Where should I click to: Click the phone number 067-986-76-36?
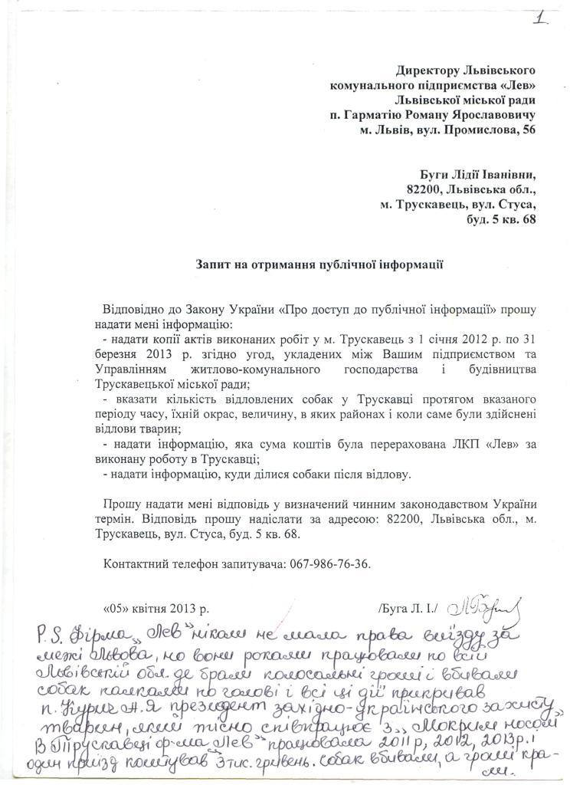[x=330, y=563]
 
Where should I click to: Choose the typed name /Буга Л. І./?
[x=406, y=609]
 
